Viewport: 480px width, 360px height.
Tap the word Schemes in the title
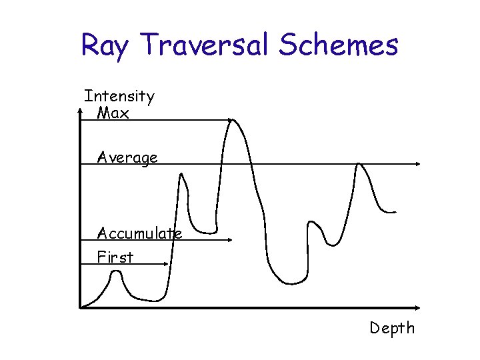339,45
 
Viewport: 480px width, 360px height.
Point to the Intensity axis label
119,97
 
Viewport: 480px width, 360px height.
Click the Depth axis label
393,328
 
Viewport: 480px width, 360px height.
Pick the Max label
113,113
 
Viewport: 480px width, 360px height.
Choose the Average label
127,158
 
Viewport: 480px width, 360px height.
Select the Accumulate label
139,233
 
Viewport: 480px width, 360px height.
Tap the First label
115,257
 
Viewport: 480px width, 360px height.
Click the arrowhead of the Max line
229,120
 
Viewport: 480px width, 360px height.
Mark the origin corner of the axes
80,308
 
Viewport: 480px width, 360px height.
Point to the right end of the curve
395,212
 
